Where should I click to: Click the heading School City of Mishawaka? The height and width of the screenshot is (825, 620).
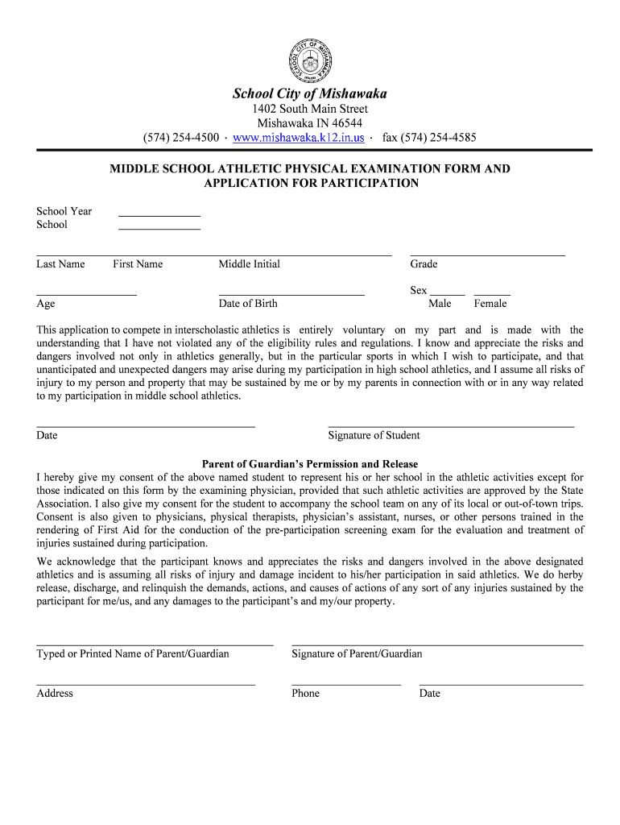point(310,94)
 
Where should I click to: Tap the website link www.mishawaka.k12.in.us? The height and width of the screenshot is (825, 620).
point(298,138)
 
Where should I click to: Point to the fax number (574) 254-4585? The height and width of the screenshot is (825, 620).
point(429,138)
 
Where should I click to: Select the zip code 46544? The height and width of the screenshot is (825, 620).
point(345,123)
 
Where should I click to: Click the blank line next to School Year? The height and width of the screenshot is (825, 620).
point(159,215)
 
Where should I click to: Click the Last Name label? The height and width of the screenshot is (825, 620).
point(60,264)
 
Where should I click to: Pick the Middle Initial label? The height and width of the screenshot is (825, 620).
point(250,264)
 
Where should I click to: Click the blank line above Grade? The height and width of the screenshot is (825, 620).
point(488,255)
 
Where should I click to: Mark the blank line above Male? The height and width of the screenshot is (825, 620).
point(448,295)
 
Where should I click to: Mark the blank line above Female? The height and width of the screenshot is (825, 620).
point(492,295)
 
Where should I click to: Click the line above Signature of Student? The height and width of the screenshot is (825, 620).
point(451,425)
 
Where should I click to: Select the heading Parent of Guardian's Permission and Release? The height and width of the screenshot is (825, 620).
point(310,464)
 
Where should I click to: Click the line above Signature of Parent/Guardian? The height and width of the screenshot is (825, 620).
point(437,645)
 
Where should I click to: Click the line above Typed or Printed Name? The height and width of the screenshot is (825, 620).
point(155,645)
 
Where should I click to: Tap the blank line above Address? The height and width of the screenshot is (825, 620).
point(146,684)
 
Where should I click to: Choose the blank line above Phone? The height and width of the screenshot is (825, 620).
point(346,684)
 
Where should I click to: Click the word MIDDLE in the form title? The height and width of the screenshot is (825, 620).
point(134,169)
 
